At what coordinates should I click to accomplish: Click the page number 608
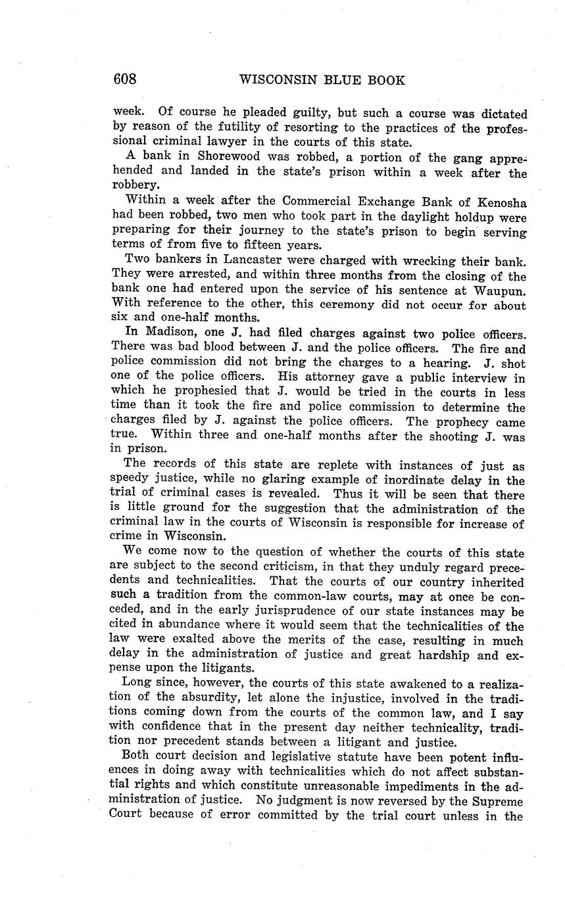124,80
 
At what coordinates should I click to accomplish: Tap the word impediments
418,787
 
